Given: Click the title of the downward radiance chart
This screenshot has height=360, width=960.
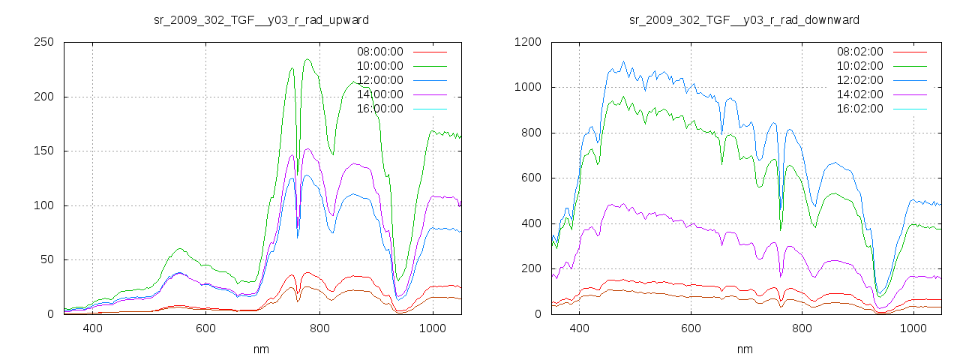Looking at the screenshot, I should pyautogui.click(x=744, y=19).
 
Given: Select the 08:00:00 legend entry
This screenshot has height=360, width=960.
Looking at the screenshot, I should pyautogui.click(x=380, y=52).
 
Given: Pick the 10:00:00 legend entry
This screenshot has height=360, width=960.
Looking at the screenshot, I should pyautogui.click(x=380, y=66).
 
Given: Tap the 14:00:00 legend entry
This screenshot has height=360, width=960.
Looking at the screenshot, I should pyautogui.click(x=380, y=94).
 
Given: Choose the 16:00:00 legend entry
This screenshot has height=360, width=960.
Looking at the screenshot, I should pyautogui.click(x=380, y=109).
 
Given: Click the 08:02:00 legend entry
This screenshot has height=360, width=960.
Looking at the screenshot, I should pyautogui.click(x=860, y=52).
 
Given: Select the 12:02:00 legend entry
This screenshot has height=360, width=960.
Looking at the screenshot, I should pyautogui.click(x=860, y=80).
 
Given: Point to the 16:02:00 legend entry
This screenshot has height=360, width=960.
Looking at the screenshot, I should pyautogui.click(x=860, y=109).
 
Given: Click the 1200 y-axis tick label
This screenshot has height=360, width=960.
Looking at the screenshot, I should pyautogui.click(x=527, y=43).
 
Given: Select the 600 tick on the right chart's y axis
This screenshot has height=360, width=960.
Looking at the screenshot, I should pyautogui.click(x=530, y=178).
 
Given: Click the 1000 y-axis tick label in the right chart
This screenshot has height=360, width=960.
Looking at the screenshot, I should pyautogui.click(x=527, y=88).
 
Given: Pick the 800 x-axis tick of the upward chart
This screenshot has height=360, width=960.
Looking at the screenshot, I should pyautogui.click(x=319, y=328).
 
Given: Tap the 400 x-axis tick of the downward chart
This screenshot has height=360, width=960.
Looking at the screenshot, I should pyautogui.click(x=579, y=328).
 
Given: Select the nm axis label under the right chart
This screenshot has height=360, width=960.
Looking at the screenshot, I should pyautogui.click(x=744, y=349).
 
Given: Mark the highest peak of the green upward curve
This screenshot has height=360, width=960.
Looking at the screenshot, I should pyautogui.click(x=307, y=59).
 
